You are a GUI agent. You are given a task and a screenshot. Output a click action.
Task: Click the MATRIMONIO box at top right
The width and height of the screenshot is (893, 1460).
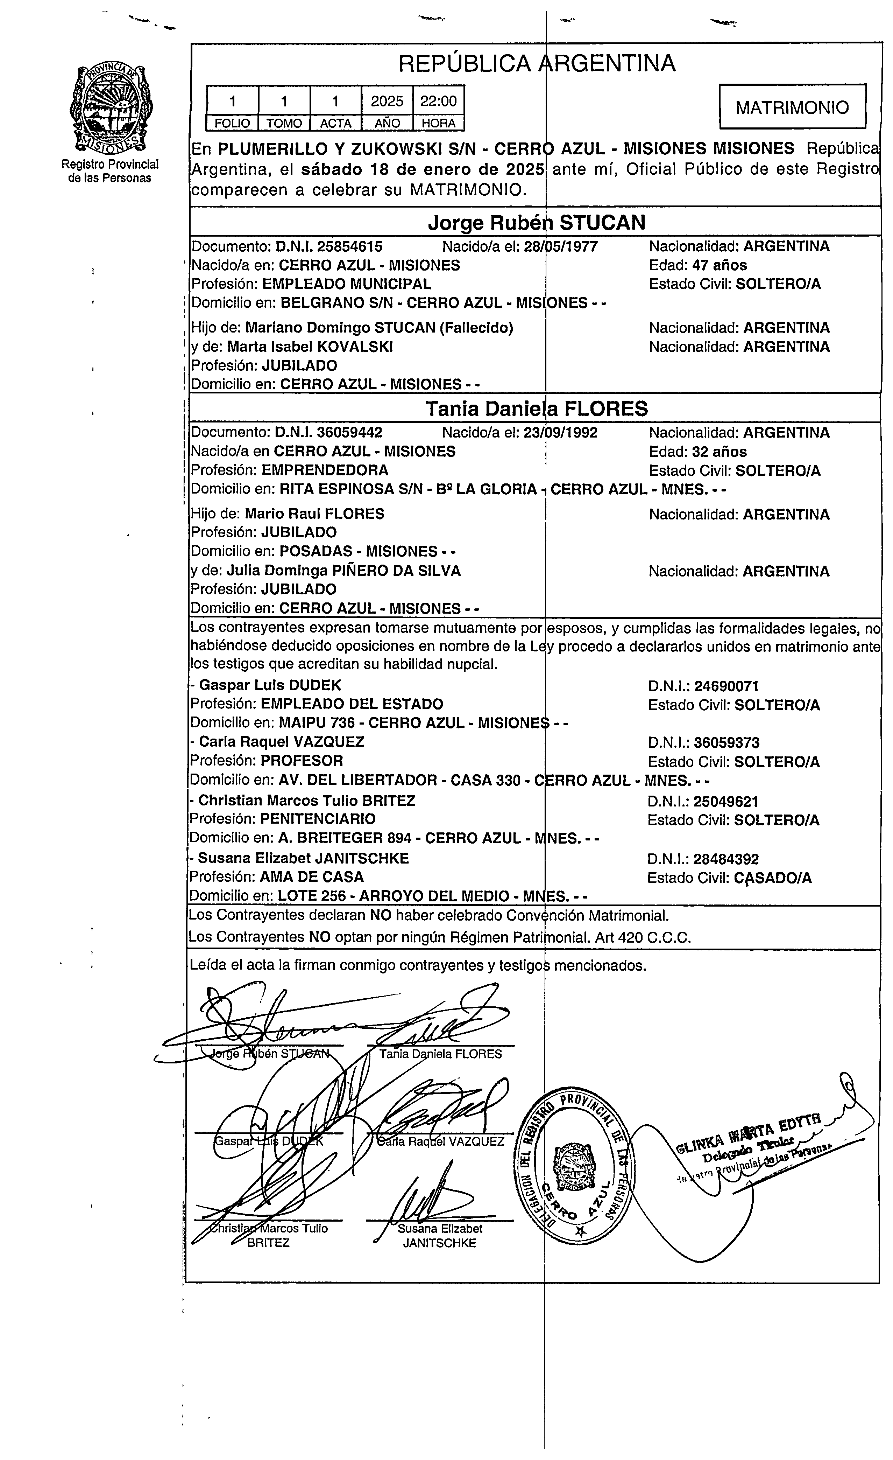[792, 107]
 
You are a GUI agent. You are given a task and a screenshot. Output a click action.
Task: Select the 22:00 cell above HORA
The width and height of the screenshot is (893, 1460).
[438, 101]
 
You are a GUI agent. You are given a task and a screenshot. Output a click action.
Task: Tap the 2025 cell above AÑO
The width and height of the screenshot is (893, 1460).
[387, 101]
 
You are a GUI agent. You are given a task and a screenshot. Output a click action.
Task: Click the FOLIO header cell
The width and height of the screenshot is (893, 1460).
[232, 123]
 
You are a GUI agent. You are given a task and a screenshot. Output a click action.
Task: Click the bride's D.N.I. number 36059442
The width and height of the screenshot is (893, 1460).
[349, 433]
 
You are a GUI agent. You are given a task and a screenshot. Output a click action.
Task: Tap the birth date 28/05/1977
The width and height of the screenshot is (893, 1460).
[561, 246]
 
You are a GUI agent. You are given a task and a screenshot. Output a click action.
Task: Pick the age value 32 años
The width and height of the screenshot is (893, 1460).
[719, 452]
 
